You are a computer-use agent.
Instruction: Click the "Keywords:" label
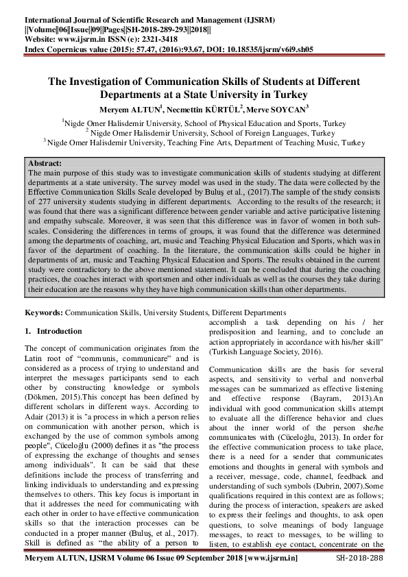(43, 312)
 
